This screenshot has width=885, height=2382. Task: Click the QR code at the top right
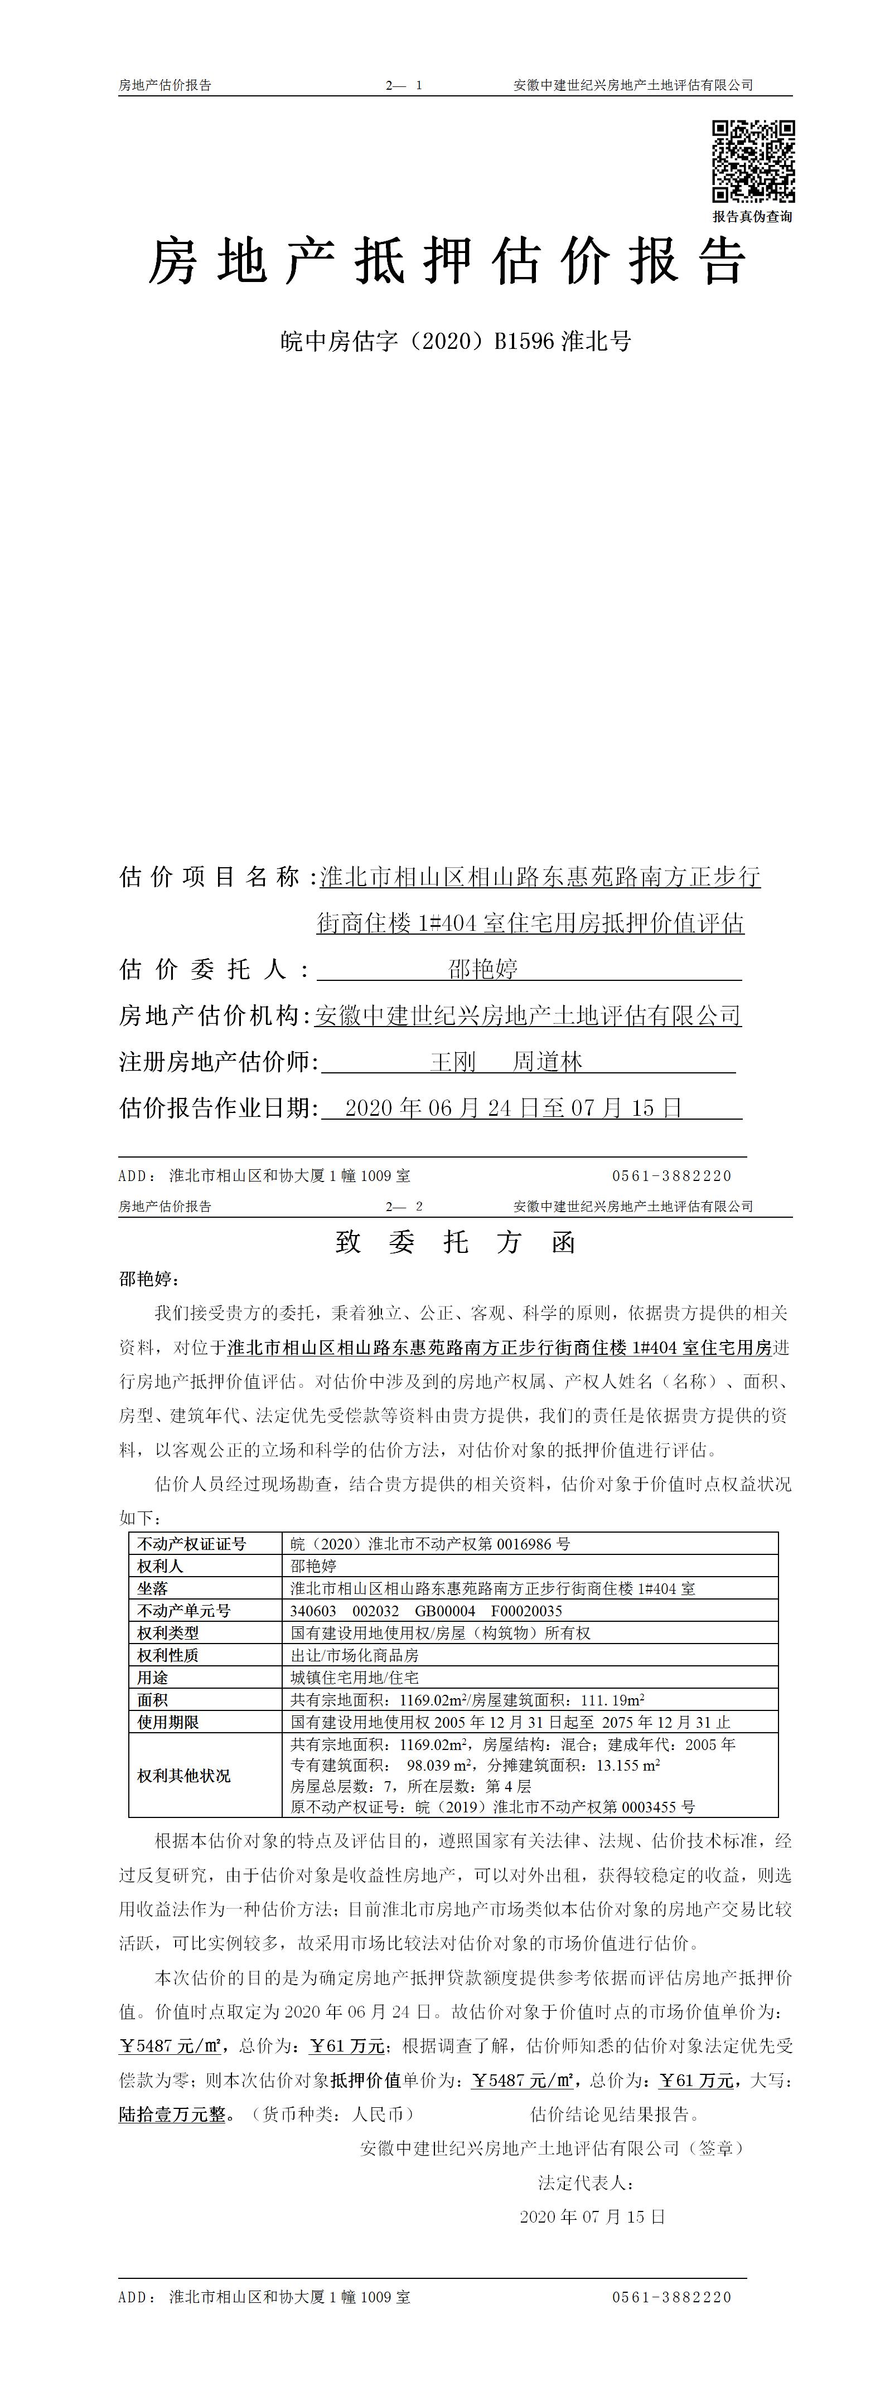coord(753,161)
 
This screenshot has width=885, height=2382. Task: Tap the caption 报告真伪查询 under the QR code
coord(752,216)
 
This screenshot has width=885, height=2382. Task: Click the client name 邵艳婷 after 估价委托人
coord(483,969)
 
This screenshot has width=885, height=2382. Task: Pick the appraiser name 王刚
coord(453,1062)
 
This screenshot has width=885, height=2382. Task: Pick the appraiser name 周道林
coord(548,1062)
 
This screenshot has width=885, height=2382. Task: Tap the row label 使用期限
coord(168,1722)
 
